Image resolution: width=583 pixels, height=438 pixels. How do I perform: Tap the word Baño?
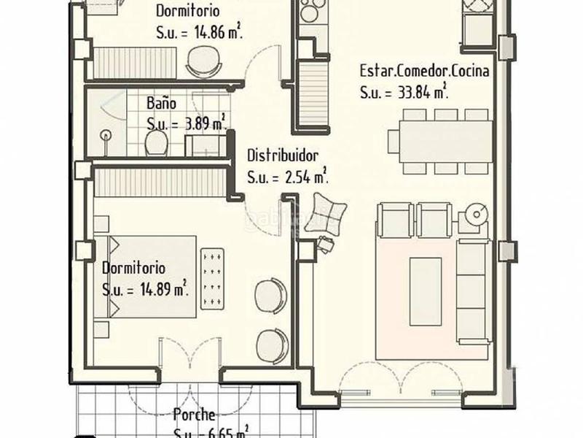pyautogui.click(x=160, y=103)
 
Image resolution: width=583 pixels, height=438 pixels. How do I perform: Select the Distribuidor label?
pyautogui.click(x=283, y=155)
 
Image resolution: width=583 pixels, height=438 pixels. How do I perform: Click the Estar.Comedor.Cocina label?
pyautogui.click(x=423, y=72)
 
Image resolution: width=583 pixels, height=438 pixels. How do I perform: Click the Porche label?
pyautogui.click(x=194, y=415)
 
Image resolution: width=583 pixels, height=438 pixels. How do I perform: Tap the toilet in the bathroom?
pyautogui.click(x=154, y=143)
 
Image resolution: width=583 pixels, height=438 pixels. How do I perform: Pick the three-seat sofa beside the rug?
pyautogui.click(x=472, y=291)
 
